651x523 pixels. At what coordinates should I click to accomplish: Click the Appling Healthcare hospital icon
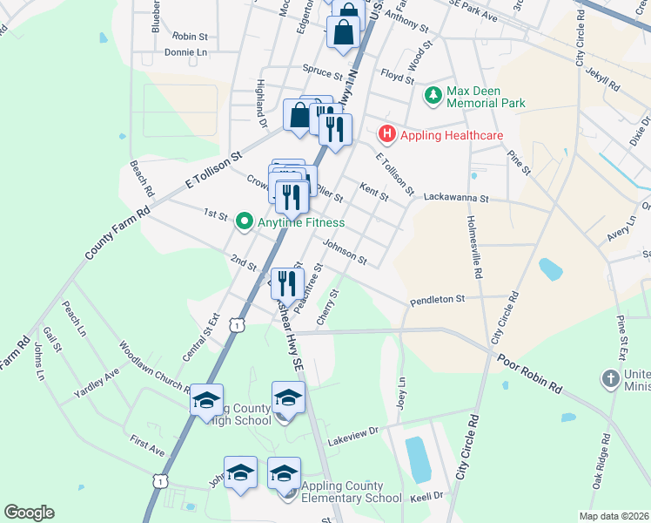(x=386, y=135)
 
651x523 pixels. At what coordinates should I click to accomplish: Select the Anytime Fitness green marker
(x=245, y=222)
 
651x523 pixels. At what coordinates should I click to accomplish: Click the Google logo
(x=29, y=513)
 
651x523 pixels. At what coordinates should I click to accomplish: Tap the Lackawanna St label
(x=459, y=198)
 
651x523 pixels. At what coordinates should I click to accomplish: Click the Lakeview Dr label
(x=353, y=437)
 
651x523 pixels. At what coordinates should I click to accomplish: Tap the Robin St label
(x=191, y=37)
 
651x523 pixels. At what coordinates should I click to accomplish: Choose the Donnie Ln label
(x=186, y=52)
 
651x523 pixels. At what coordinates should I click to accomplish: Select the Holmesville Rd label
(x=477, y=248)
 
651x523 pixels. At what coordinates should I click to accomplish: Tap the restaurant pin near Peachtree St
(x=285, y=282)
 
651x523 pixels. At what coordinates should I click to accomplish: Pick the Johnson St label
(x=346, y=254)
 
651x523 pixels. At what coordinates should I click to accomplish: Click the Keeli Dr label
(x=426, y=495)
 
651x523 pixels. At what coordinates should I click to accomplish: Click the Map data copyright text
(x=614, y=516)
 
